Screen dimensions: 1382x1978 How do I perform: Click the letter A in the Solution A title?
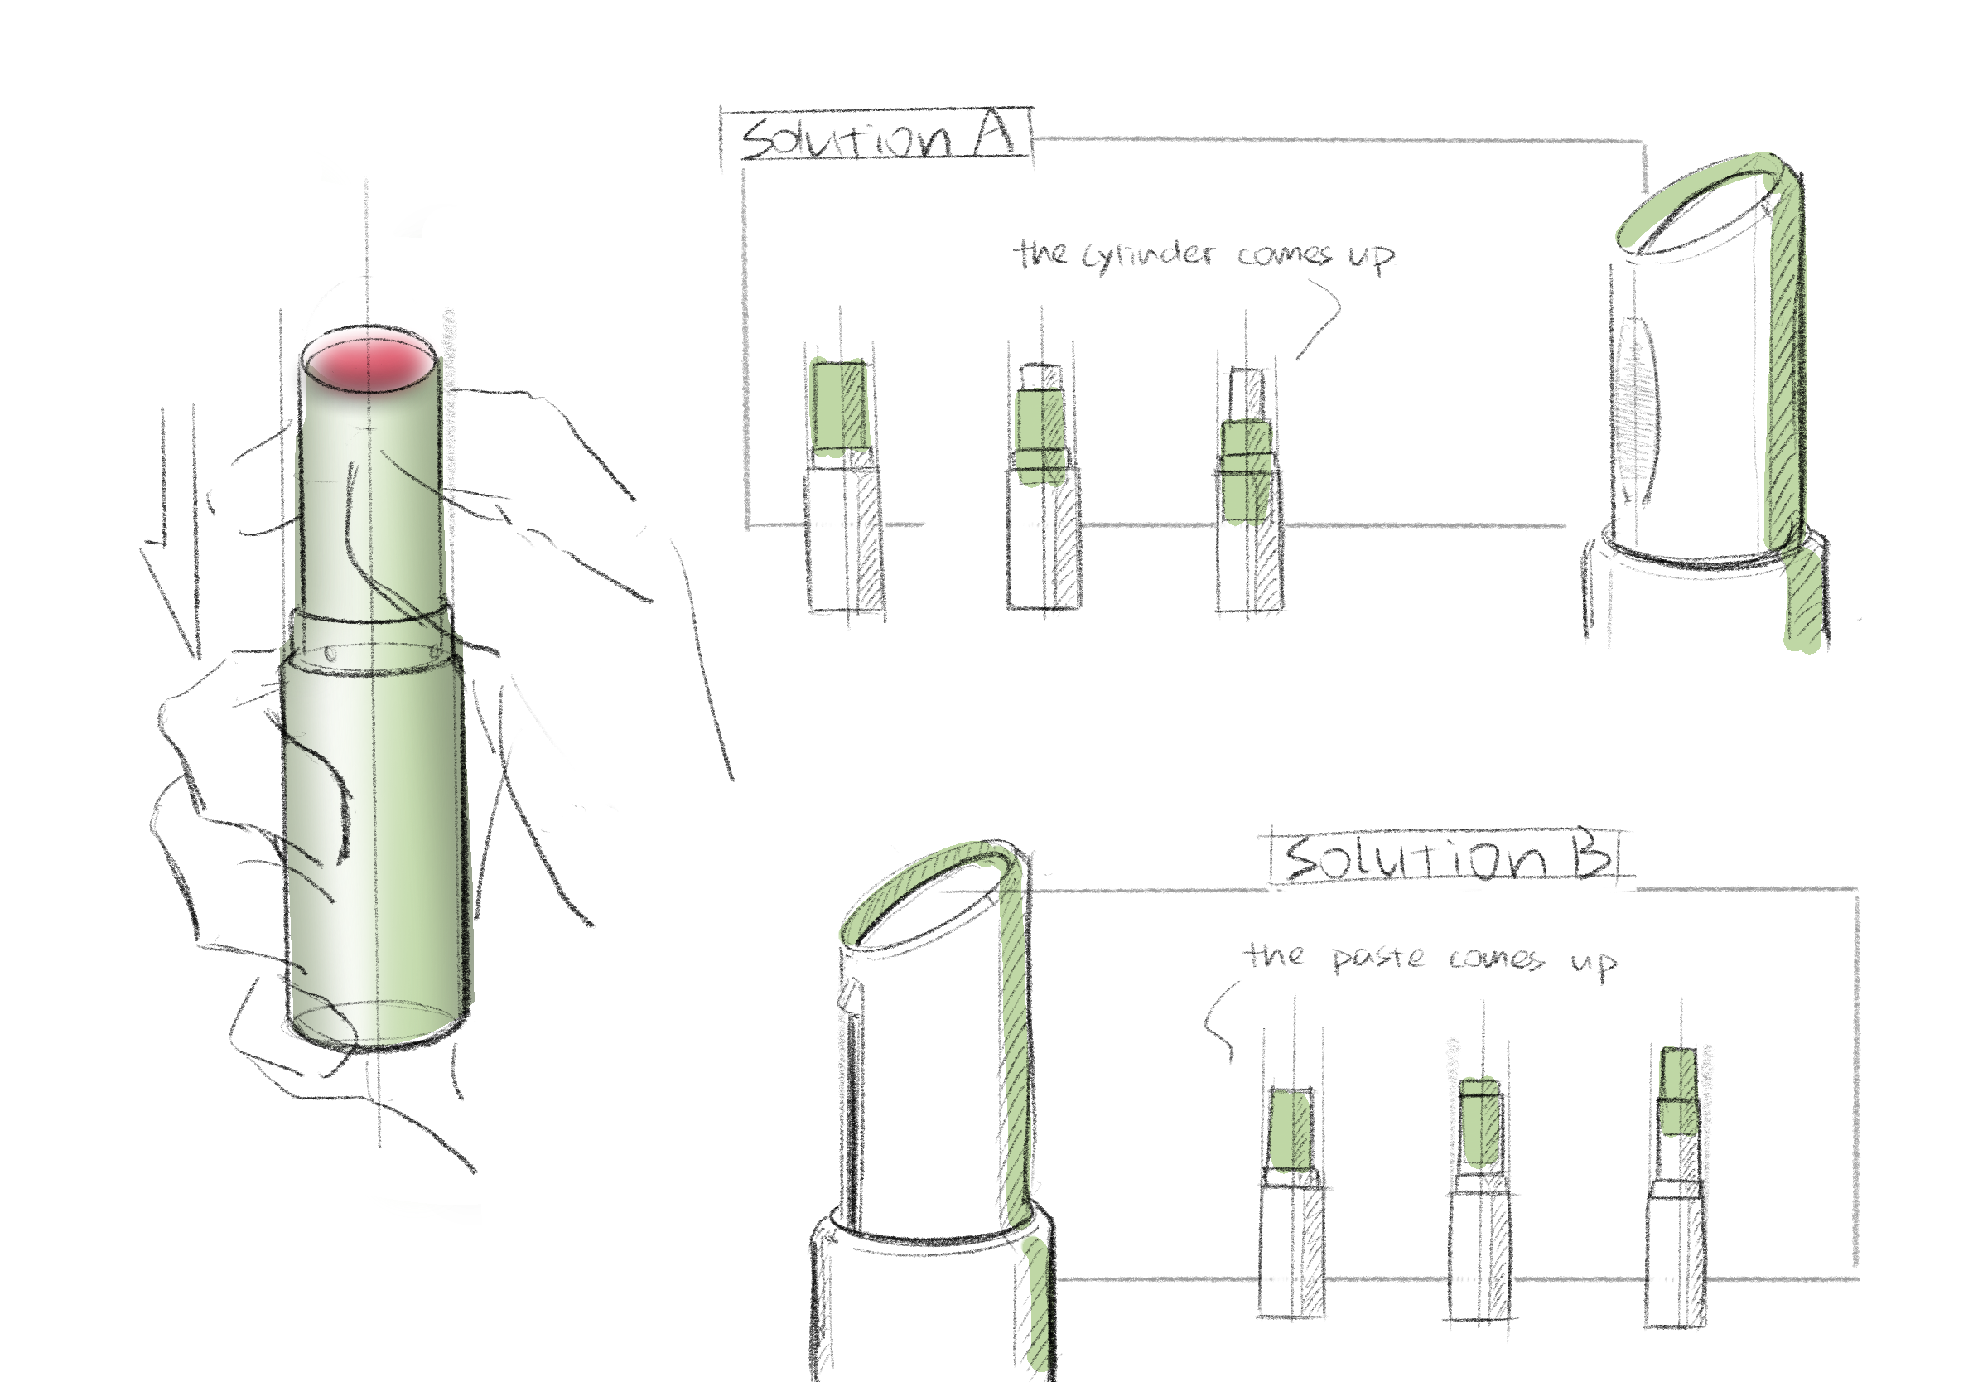click(x=993, y=136)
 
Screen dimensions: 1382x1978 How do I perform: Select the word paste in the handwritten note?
click(x=1379, y=957)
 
